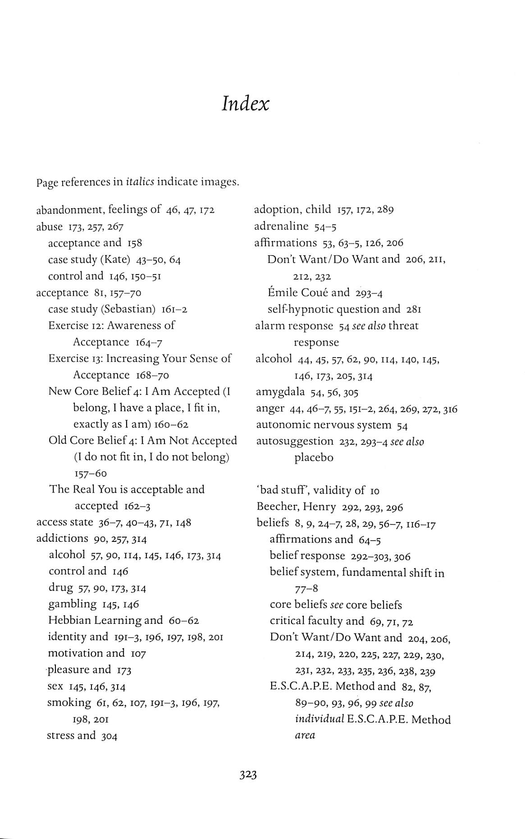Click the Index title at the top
(x=246, y=104)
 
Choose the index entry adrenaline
(x=281, y=226)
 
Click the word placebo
(x=314, y=458)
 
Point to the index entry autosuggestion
(x=295, y=441)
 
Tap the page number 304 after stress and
(x=109, y=736)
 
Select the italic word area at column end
(x=305, y=735)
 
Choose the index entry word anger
(x=270, y=408)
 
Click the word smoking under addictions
(x=69, y=702)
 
